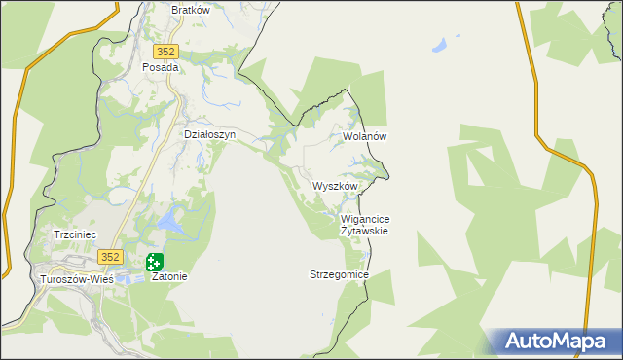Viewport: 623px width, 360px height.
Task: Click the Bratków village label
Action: [191, 10]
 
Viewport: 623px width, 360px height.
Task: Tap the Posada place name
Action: [161, 68]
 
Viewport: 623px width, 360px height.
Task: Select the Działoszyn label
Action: [210, 135]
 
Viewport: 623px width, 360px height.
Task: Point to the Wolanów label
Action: [365, 137]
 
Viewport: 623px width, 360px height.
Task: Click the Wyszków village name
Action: [336, 186]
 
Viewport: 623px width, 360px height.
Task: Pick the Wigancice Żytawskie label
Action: [365, 226]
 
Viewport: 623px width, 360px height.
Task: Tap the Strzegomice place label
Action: [339, 275]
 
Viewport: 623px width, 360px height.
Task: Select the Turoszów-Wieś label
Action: [76, 279]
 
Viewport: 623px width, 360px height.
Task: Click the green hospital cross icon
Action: [155, 261]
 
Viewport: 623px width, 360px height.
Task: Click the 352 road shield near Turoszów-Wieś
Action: [109, 257]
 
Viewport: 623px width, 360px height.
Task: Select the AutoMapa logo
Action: [556, 342]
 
